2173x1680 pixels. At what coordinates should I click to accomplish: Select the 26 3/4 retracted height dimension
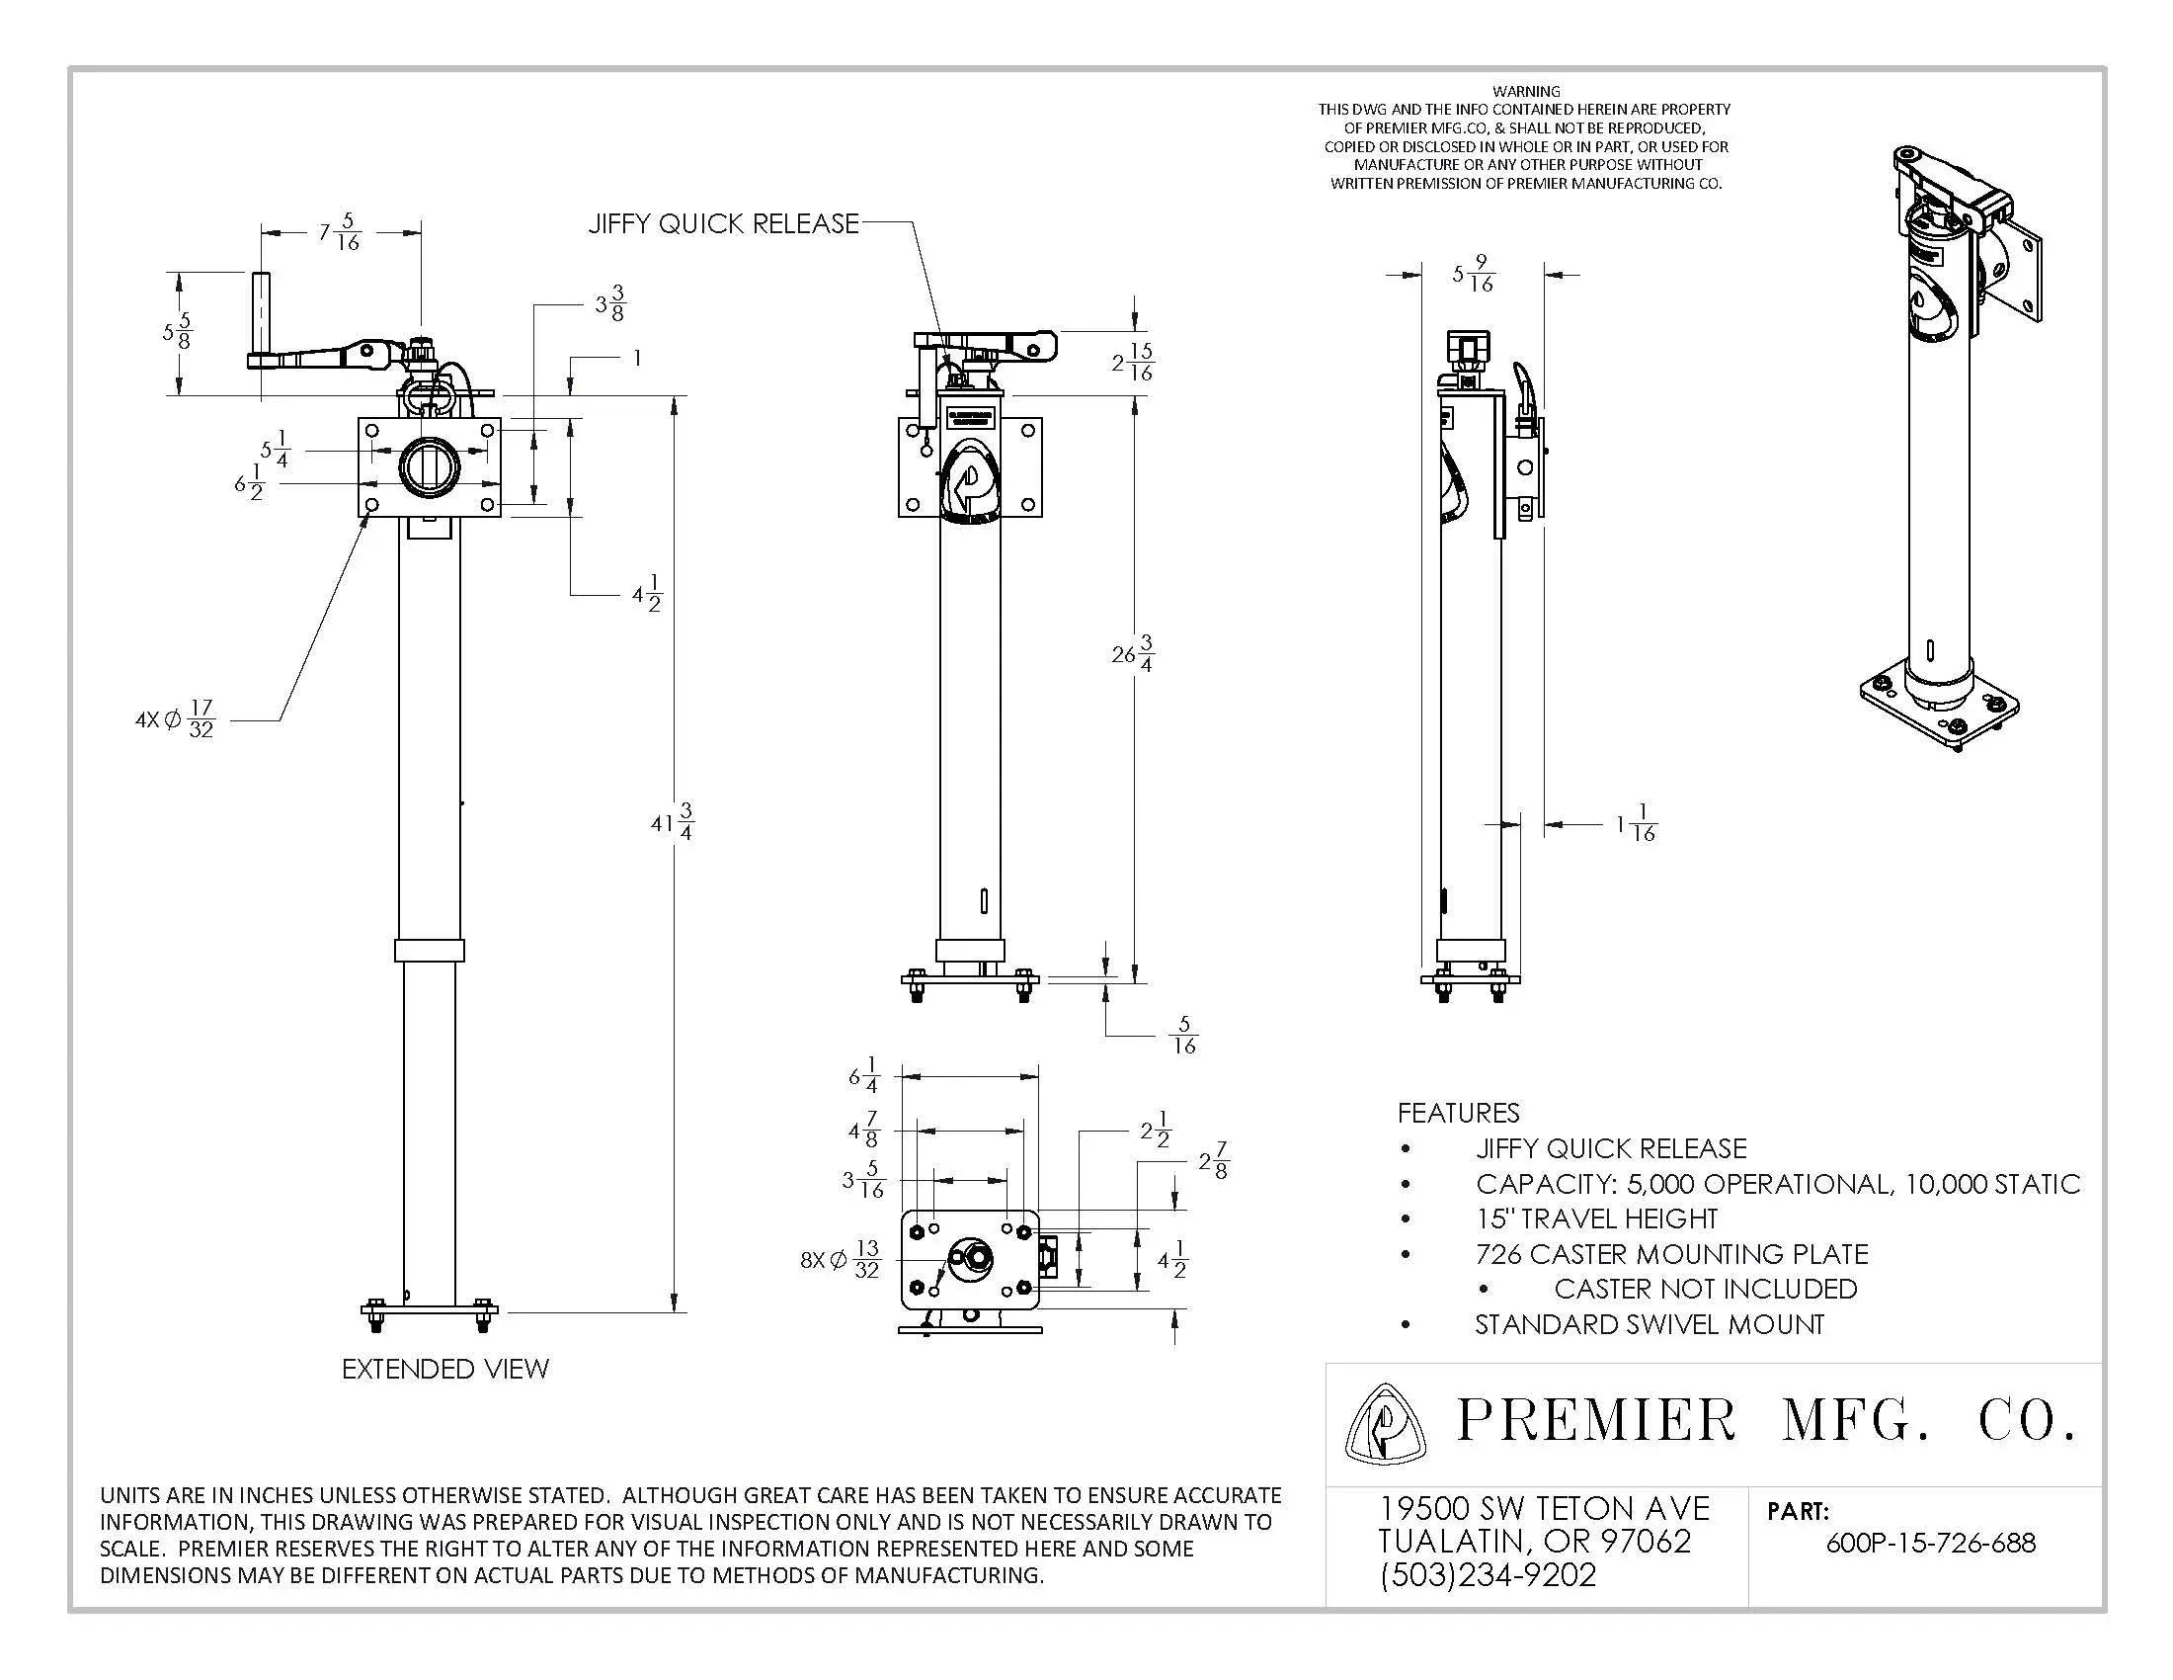1132,653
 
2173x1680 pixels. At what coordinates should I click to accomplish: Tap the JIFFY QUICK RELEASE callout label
723,223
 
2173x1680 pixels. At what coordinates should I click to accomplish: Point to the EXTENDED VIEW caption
444,1369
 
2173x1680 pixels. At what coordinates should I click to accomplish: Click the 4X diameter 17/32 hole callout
175,718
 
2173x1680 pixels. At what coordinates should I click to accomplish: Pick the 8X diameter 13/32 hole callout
841,1259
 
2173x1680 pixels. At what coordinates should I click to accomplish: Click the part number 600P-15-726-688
1930,1543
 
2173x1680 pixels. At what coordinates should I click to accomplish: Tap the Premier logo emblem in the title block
1384,1424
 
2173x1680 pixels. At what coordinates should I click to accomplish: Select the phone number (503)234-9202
1488,1575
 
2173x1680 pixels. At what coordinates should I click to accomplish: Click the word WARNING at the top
1526,91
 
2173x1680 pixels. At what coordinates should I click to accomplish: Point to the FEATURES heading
1458,1113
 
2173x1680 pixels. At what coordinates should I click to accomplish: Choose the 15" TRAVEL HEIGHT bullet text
1596,1218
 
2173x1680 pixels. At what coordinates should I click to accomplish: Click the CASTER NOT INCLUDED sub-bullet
1705,1289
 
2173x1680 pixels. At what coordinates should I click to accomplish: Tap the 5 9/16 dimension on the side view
1474,274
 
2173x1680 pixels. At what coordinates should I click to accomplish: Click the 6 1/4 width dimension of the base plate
862,1076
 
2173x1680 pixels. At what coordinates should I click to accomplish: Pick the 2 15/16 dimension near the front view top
1133,363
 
